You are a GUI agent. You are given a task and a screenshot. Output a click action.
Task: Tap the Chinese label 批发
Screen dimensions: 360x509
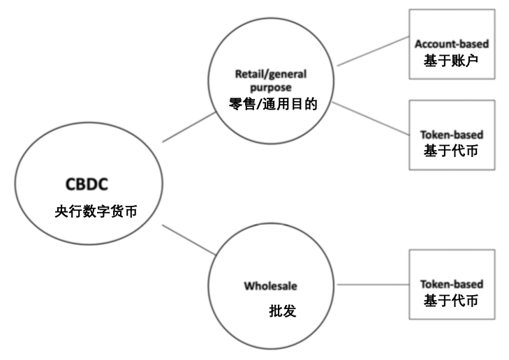click(x=283, y=310)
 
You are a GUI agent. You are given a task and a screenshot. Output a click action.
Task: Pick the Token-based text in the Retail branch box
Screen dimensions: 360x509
click(x=451, y=134)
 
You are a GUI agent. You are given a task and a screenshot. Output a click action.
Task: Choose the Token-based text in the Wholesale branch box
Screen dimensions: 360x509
click(x=451, y=285)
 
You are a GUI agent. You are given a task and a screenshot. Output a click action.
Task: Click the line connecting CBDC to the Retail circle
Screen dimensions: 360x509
click(x=189, y=128)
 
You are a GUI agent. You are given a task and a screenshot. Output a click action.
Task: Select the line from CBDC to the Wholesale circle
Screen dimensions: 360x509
click(x=189, y=239)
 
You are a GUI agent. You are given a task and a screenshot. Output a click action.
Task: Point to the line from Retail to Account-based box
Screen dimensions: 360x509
click(x=371, y=52)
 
